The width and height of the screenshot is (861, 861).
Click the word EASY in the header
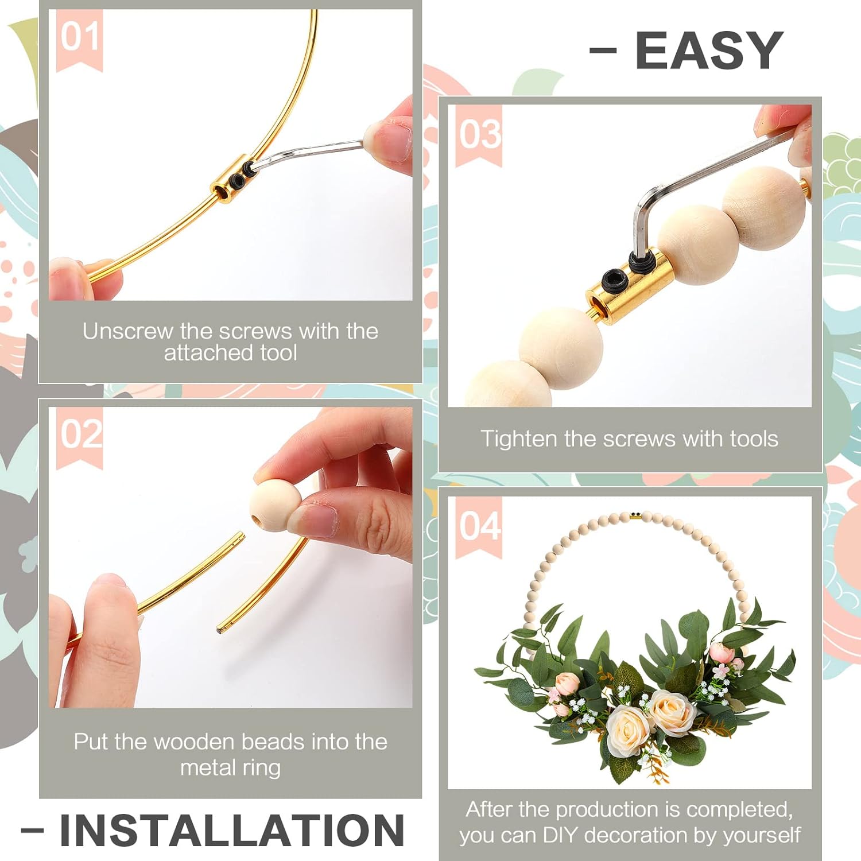[709, 51]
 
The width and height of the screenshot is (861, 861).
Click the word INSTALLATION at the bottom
[232, 830]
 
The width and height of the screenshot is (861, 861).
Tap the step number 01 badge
[80, 37]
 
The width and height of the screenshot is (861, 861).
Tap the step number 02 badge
[80, 435]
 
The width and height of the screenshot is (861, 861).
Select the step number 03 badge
[479, 135]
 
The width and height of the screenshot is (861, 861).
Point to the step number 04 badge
[479, 526]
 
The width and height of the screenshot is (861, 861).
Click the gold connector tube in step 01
[230, 179]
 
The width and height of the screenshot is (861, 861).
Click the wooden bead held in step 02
[274, 504]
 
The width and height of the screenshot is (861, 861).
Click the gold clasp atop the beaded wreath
[635, 515]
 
